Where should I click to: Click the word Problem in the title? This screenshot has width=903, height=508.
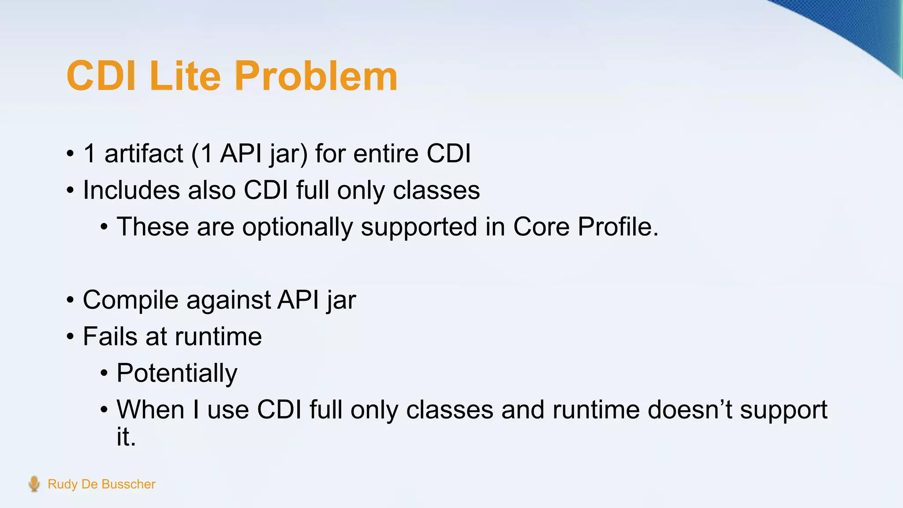316,77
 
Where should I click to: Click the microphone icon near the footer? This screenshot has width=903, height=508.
34,484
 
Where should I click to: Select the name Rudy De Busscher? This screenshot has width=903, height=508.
101,484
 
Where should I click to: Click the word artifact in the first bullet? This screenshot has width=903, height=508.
143,154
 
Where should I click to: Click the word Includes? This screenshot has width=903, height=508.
131,190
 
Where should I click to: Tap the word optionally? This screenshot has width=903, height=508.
297,228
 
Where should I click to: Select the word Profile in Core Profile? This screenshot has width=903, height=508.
618,227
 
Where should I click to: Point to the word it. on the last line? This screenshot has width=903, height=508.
126,437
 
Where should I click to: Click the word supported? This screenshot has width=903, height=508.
419,228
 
